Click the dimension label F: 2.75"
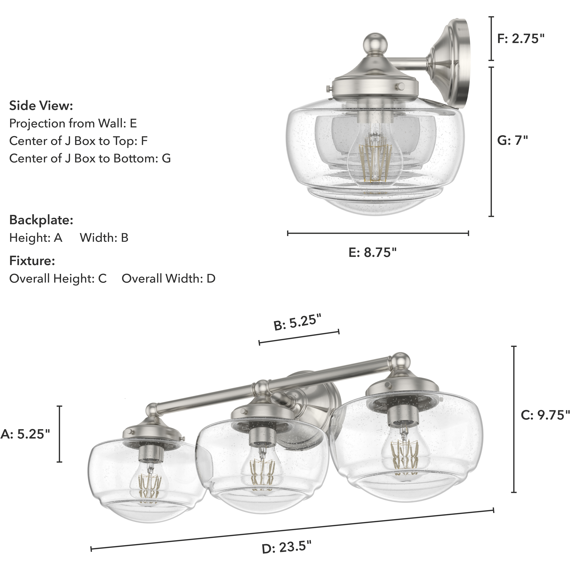[520, 39]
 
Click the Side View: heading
[41, 106]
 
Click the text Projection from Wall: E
[73, 123]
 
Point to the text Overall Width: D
[168, 278]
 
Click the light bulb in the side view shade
[375, 159]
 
